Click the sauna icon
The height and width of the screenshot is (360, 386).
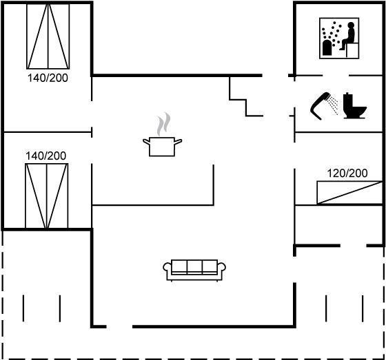(339, 38)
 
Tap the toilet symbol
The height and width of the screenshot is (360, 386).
(355, 106)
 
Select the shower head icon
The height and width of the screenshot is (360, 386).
(324, 106)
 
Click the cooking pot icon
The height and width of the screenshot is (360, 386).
(162, 147)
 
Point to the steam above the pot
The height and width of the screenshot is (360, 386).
(164, 124)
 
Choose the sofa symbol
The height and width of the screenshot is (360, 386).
(194, 270)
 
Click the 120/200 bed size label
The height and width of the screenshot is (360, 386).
(347, 173)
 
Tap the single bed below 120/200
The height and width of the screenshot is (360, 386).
(349, 193)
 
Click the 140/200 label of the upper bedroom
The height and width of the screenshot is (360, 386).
(48, 78)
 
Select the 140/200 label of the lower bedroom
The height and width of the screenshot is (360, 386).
(45, 156)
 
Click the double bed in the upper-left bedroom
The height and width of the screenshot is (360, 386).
(48, 36)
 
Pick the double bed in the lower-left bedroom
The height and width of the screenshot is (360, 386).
(47, 195)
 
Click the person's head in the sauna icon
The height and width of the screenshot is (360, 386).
(351, 25)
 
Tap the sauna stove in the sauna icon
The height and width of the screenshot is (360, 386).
(327, 47)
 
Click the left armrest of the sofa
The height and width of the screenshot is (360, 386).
(167, 267)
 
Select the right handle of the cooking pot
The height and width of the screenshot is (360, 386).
(179, 141)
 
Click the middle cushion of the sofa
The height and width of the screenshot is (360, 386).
(194, 266)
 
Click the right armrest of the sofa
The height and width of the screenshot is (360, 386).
(221, 267)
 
